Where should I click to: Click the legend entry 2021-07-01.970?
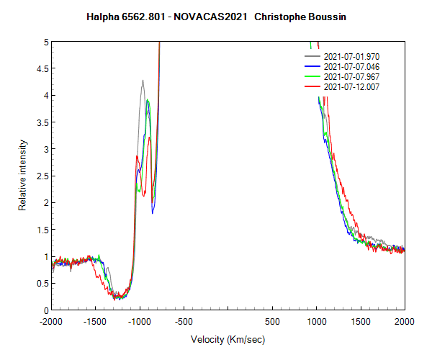coord(351,56)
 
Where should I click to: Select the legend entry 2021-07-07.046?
coord(351,66)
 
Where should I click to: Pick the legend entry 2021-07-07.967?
coord(351,76)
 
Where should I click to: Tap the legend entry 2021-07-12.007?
coord(351,86)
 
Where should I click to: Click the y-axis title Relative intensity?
coord(22,176)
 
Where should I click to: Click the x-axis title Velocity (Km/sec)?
coord(228,339)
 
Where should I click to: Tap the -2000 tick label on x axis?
coord(51,321)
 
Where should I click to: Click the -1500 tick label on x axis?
coord(95,321)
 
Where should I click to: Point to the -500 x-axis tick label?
coord(184,321)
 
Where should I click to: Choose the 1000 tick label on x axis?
coord(316,321)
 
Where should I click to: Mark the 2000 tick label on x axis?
coord(404,321)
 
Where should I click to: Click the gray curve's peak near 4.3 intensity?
coord(143,81)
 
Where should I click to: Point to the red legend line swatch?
coord(312,86)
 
